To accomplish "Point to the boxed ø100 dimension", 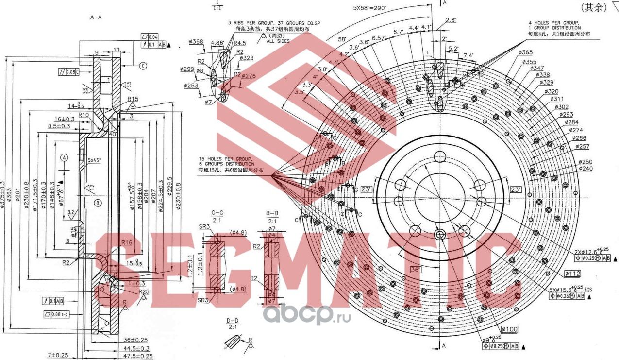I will coord(510,329).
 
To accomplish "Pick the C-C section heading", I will coord(217,217).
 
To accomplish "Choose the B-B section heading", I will coord(272,217).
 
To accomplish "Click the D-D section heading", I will coord(233,323).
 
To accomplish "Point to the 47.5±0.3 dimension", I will coord(136,356).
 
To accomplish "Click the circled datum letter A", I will coord(64,157).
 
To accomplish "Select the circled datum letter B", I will coord(97,203).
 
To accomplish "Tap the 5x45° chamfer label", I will coord(96,159).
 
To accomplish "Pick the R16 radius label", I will coord(127,242).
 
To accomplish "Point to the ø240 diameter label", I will coord(586,168).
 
